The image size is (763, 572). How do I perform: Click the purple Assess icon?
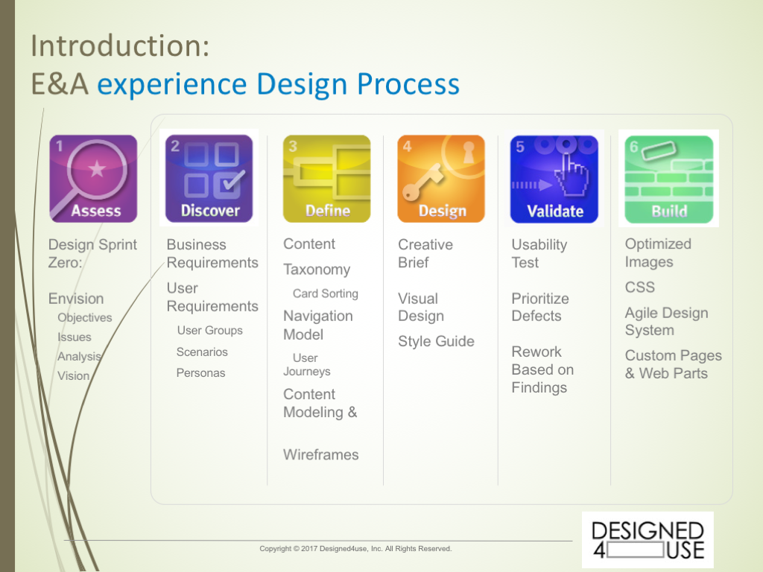point(93,179)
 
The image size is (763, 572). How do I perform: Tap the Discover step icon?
point(209,179)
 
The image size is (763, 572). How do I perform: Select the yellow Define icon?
point(326,179)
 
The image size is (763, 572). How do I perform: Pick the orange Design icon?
point(441,179)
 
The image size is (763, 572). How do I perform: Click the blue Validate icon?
point(554,179)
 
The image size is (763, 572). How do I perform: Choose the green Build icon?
point(669,179)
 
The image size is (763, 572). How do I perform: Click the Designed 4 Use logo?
point(648,540)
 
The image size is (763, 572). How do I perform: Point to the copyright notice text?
point(355,549)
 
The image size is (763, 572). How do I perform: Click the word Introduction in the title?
point(120,45)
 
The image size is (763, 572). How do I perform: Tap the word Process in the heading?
point(408,84)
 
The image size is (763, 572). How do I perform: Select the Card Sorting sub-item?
point(326,293)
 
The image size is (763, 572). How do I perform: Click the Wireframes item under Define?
point(321,454)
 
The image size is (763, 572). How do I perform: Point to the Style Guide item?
point(436,341)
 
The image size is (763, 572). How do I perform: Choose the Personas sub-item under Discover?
point(201,373)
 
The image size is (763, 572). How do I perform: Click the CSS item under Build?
point(640,287)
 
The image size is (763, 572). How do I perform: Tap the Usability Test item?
point(539,253)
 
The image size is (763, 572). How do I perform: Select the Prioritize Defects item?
point(540,307)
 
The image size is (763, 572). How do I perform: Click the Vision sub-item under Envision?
point(74,376)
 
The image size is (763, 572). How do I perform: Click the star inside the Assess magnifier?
point(97,169)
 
